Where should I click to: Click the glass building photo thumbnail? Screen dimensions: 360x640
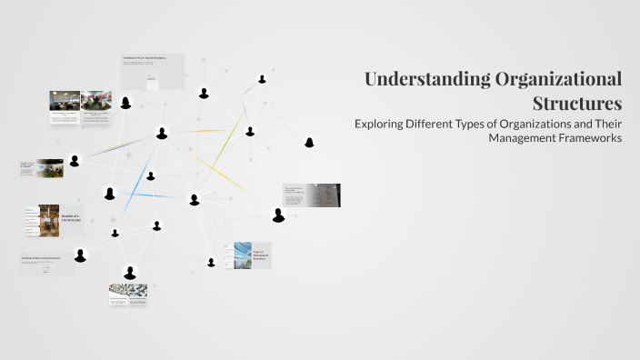(242, 255)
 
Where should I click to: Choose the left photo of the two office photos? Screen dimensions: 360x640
(64, 101)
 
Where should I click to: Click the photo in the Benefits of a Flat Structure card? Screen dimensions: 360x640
(49, 219)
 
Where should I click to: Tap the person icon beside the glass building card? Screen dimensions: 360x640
(211, 263)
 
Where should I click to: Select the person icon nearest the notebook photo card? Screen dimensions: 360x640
(278, 215)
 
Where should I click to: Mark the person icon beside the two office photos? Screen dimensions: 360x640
(125, 103)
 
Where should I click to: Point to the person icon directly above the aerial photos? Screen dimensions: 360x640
(130, 272)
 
